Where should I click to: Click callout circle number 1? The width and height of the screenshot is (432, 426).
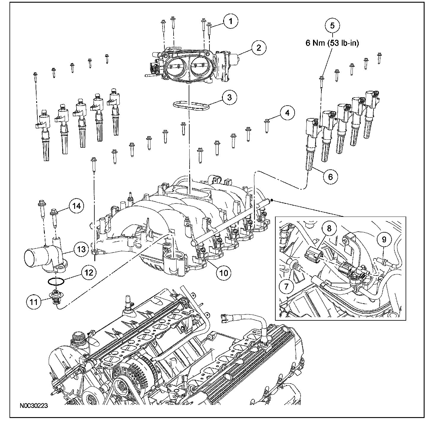click(x=231, y=21)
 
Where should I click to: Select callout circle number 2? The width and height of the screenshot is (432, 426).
click(x=259, y=47)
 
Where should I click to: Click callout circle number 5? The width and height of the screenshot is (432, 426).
click(x=332, y=25)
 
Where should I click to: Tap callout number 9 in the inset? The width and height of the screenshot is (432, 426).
click(x=384, y=239)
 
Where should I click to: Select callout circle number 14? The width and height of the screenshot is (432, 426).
click(x=77, y=206)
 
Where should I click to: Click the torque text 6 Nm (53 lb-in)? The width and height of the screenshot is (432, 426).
click(x=332, y=43)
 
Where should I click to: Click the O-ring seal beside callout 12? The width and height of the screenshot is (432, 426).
click(x=55, y=281)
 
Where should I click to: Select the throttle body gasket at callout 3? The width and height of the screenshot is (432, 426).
click(x=190, y=105)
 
